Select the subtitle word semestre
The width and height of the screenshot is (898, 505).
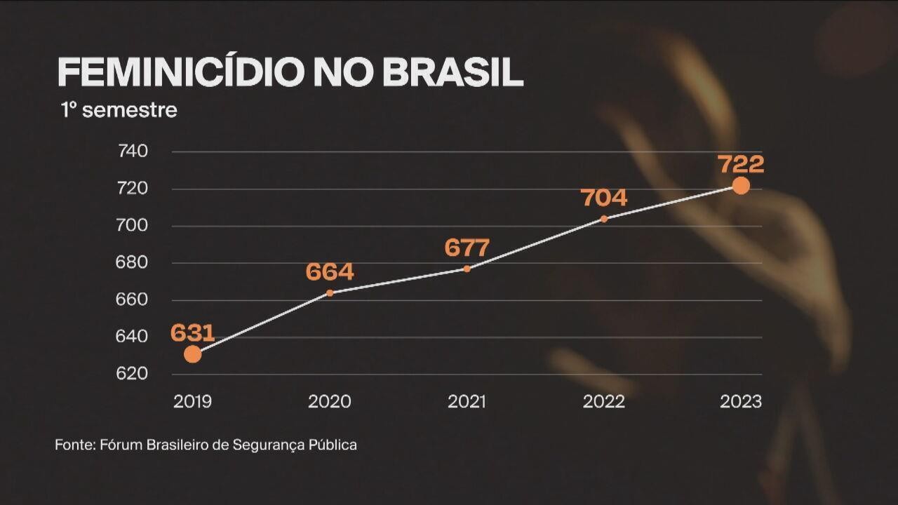(x=129, y=110)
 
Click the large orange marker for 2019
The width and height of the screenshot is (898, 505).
(x=192, y=354)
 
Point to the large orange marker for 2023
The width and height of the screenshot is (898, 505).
(x=741, y=186)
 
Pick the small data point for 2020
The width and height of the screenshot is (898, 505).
(x=330, y=292)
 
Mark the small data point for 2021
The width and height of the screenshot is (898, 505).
(x=467, y=269)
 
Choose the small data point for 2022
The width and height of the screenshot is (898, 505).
(x=604, y=219)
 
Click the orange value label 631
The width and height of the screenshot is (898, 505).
(x=192, y=332)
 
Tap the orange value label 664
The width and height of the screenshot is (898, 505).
(x=330, y=272)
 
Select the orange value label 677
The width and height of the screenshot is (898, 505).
(x=467, y=248)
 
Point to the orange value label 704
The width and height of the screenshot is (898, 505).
(x=604, y=198)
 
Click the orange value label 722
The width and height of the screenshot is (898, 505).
(x=741, y=164)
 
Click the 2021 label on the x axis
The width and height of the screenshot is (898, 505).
(x=467, y=402)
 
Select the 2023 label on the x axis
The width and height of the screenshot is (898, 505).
(x=741, y=402)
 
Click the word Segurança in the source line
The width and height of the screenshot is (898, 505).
(x=281, y=445)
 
